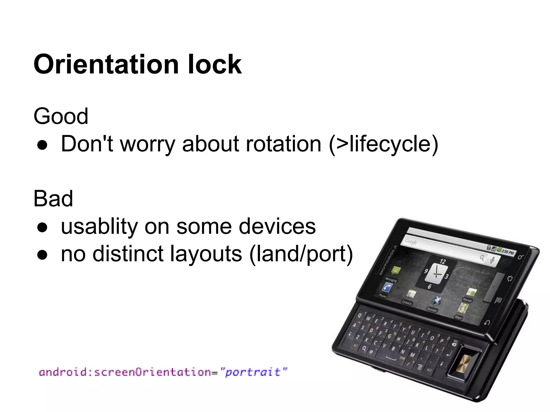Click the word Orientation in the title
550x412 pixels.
point(106,64)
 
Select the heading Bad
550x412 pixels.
point(53,198)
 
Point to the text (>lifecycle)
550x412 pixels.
point(383,144)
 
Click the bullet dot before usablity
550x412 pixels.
point(42,228)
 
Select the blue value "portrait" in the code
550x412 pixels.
point(254,372)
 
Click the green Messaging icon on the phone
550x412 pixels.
point(395,270)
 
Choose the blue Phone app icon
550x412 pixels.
point(387,288)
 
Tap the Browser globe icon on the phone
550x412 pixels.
point(436,301)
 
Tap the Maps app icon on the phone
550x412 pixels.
point(462,308)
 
